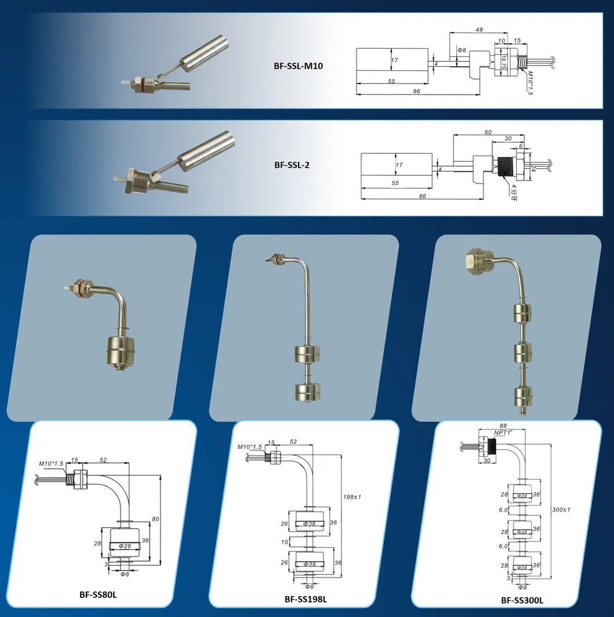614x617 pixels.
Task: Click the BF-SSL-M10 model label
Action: coord(299,66)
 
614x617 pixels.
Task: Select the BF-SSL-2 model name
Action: coord(292,165)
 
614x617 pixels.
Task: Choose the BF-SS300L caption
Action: coord(522,601)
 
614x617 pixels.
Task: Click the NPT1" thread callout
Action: coord(502,433)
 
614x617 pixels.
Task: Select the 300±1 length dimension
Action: coord(561,509)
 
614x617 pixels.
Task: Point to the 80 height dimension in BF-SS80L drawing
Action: coord(155,518)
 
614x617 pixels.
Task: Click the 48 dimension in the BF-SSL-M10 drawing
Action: coord(479,30)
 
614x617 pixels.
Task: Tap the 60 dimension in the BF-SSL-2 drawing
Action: coord(488,132)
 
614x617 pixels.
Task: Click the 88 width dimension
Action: coord(502,425)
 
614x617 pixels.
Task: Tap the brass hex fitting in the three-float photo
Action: coord(478,262)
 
